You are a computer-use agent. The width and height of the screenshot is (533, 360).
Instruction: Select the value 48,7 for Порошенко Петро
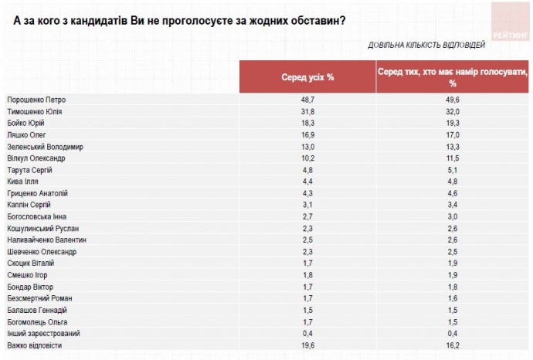pos(307,100)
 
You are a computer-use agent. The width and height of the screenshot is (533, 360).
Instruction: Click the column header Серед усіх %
pos(307,77)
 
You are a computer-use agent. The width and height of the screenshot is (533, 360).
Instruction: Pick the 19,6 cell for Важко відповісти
pos(307,345)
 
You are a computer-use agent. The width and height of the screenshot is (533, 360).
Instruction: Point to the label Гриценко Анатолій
pos(37,193)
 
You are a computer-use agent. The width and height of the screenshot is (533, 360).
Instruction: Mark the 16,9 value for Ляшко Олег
pos(307,135)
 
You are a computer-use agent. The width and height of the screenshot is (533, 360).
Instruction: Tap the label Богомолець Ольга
pos(37,321)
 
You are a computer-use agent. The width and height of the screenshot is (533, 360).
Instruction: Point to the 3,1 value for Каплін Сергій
pos(307,205)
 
